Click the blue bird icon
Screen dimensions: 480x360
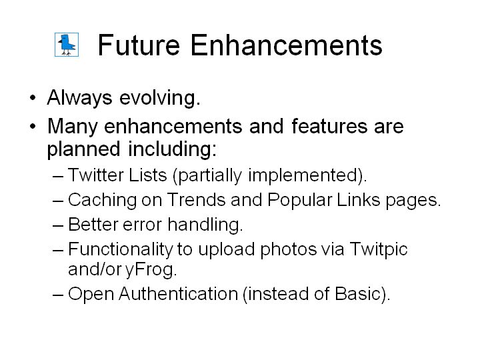pyautogui.click(x=67, y=45)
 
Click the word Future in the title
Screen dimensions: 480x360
pyautogui.click(x=139, y=45)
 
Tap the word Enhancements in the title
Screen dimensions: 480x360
pyautogui.click(x=286, y=45)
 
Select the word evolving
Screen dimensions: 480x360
pyautogui.click(x=160, y=99)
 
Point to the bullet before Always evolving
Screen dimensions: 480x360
pyautogui.click(x=33, y=98)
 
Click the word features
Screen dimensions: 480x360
pyautogui.click(x=329, y=126)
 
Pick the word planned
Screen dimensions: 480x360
pyautogui.click(x=83, y=149)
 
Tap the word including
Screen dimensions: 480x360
pyautogui.click(x=172, y=149)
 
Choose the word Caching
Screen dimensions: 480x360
pyautogui.click(x=102, y=200)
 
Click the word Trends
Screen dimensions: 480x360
pyautogui.click(x=196, y=200)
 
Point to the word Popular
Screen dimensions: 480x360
pyautogui.click(x=300, y=201)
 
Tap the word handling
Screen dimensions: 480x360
pyautogui.click(x=205, y=225)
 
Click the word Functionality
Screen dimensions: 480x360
pyautogui.click(x=120, y=249)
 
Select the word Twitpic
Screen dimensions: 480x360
pyautogui.click(x=379, y=249)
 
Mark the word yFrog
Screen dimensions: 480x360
pyautogui.click(x=151, y=270)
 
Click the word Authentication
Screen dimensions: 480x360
pyautogui.click(x=178, y=294)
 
